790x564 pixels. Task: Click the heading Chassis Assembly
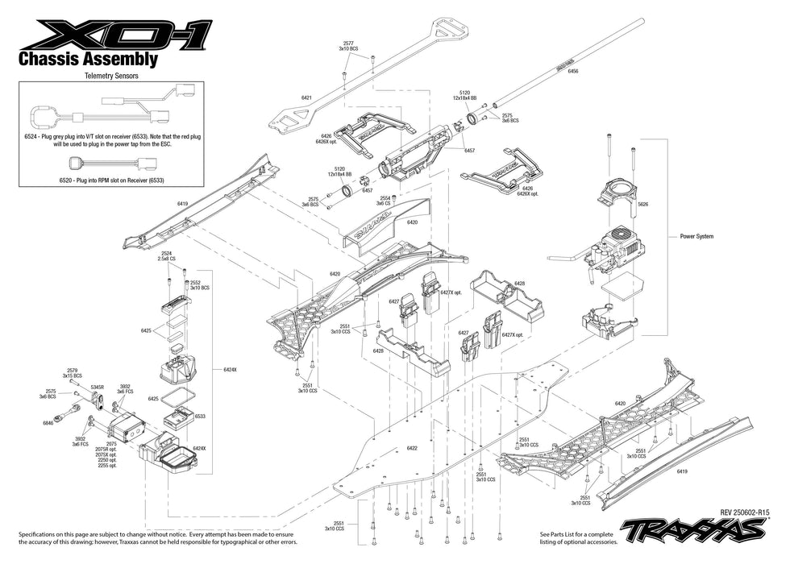87,59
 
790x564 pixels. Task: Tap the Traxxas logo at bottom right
693,529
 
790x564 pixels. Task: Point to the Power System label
696,236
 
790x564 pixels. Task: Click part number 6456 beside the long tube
573,72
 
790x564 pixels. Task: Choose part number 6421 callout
306,97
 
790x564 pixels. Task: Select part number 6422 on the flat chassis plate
412,448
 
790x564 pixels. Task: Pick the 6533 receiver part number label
199,417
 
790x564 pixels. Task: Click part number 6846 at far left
48,422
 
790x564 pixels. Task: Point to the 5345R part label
98,387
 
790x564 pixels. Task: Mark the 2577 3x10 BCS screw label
348,47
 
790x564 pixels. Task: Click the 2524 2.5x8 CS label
167,256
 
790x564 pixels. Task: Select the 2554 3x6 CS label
385,201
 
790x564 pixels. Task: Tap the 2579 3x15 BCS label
73,373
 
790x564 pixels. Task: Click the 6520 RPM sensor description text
111,179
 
